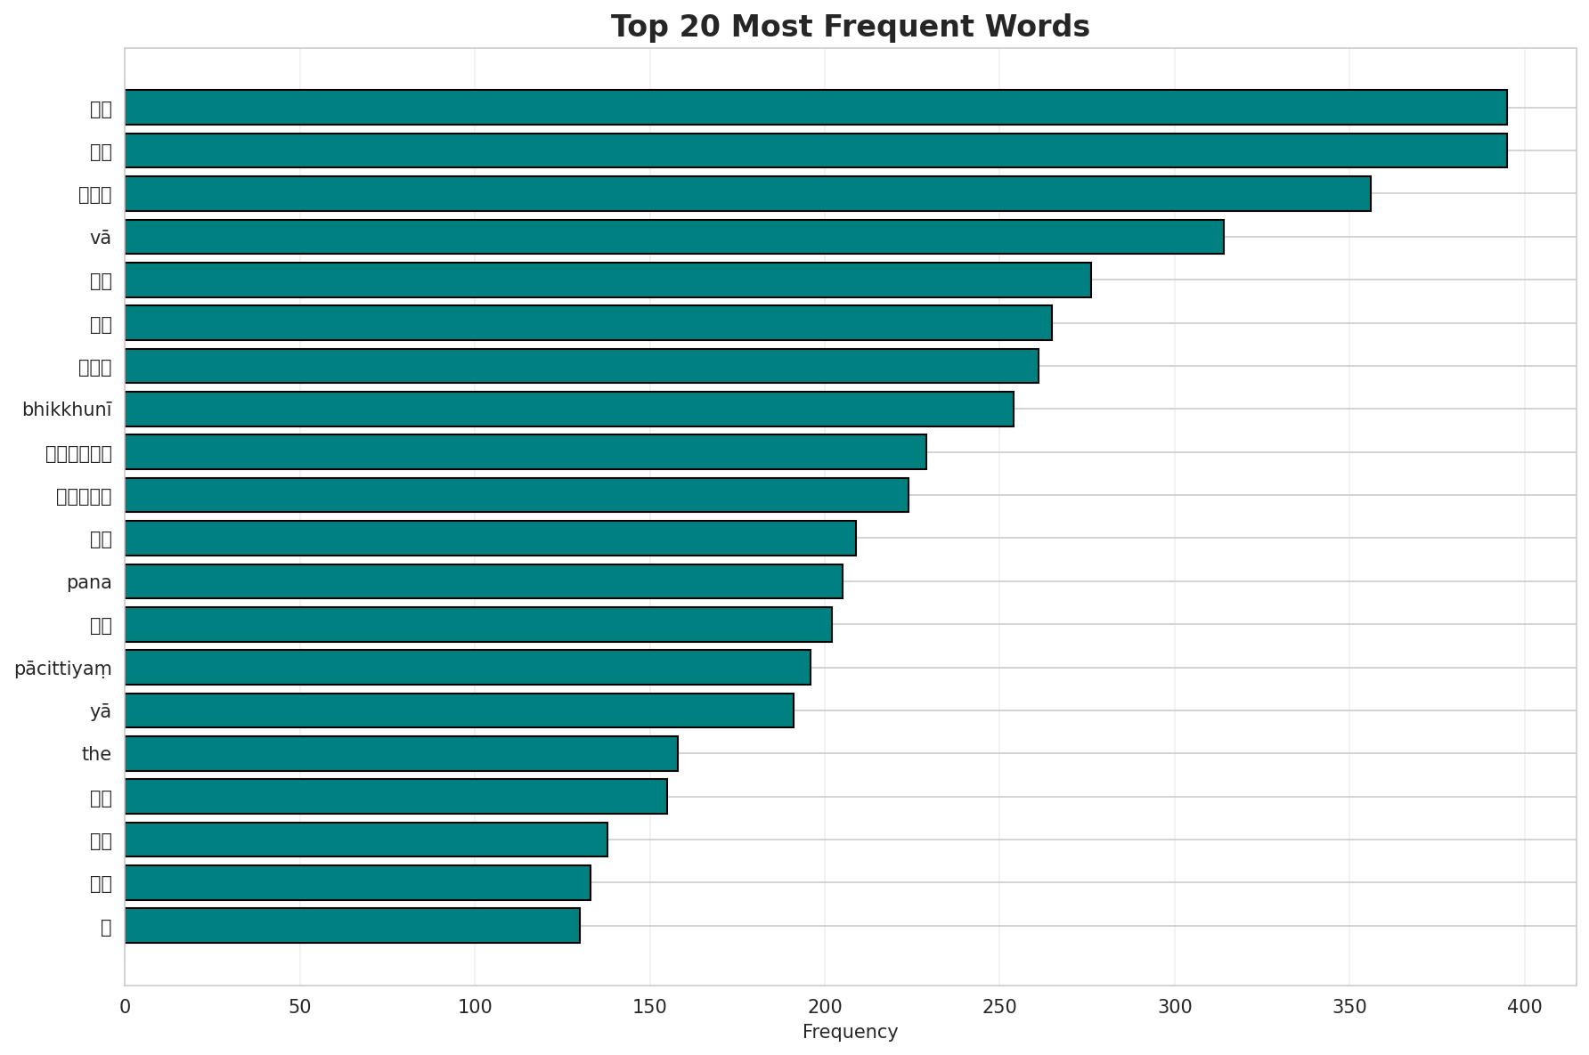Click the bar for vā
674,237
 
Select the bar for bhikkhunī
569,409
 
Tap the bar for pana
484,581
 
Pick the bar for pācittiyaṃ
468,668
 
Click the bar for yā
459,710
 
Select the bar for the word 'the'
401,753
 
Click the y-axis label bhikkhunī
67,410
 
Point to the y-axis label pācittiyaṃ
62,669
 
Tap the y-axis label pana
89,582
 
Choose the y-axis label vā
101,238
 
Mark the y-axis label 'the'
96,754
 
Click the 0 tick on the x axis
125,1006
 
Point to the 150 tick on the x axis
649,1006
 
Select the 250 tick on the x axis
999,1006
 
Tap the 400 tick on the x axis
1524,1006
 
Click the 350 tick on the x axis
1349,1006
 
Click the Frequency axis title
850,1032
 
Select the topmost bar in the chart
816,107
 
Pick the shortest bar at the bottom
352,926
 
